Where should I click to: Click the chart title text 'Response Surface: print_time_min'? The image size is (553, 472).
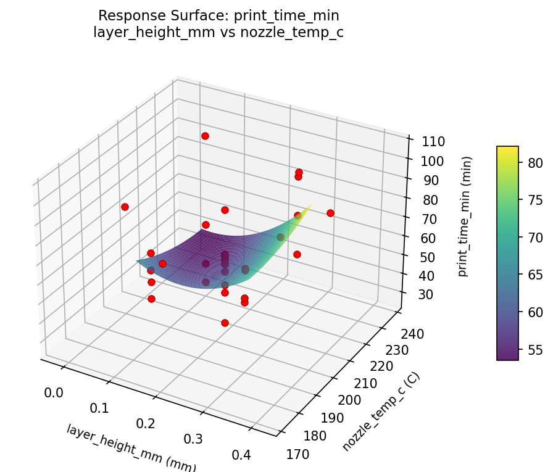tap(218, 15)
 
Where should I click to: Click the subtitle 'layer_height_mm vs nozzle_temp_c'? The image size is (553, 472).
tap(218, 33)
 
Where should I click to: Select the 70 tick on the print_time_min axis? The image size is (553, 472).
tap(428, 218)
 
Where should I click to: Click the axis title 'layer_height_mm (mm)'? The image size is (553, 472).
tap(131, 448)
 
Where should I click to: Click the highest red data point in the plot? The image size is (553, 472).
tap(205, 136)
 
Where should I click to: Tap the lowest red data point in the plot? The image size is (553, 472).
tap(225, 323)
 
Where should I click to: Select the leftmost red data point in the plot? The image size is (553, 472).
tap(125, 207)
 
